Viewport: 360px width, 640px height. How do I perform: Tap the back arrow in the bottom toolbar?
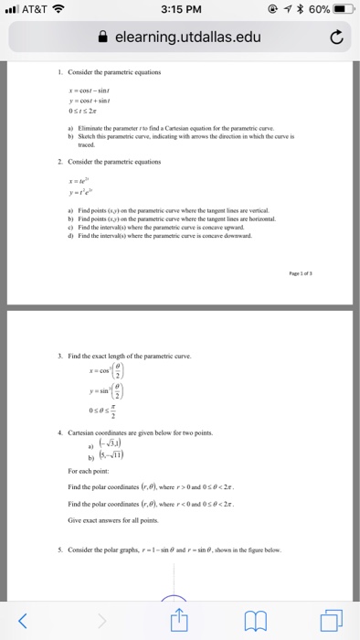click(26, 621)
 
